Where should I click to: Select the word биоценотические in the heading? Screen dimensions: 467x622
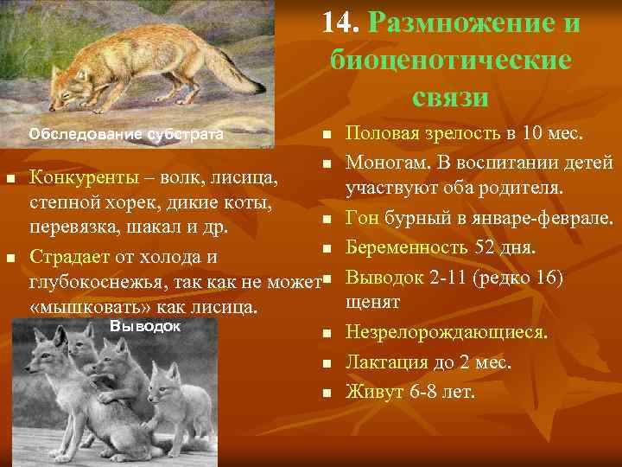click(450, 61)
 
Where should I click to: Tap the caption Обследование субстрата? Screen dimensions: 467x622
click(126, 134)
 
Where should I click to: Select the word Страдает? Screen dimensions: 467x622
click(66, 258)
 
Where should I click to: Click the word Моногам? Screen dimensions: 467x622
click(385, 161)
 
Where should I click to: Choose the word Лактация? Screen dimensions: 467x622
click(384, 362)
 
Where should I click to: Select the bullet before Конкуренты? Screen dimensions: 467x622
click(10, 179)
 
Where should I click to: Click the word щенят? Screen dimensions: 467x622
click(372, 302)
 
